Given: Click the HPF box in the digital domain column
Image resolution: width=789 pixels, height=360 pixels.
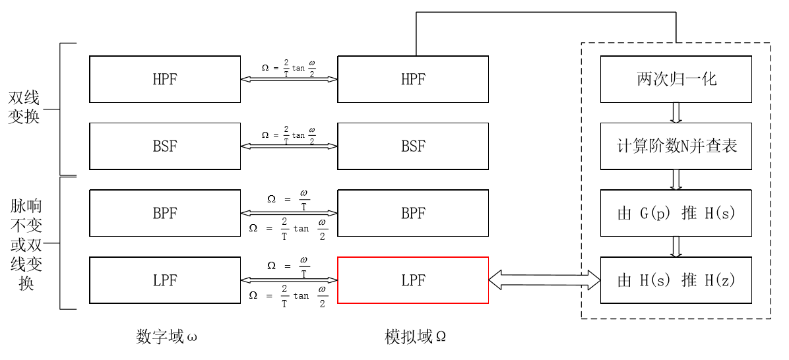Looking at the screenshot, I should pyautogui.click(x=165, y=79).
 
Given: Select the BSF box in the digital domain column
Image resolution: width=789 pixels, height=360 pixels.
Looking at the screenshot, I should pyautogui.click(x=165, y=146).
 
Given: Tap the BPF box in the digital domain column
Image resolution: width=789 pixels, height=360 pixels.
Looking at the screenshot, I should pyautogui.click(x=165, y=213).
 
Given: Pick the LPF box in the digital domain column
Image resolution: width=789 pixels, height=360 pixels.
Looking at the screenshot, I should pyautogui.click(x=165, y=280).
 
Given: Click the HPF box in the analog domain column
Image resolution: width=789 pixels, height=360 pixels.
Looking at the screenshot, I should pyautogui.click(x=413, y=79).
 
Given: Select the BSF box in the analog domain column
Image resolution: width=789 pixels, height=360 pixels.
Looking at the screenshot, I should pyautogui.click(x=413, y=146).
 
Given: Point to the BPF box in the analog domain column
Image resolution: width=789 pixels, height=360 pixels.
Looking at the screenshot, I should pyautogui.click(x=413, y=213).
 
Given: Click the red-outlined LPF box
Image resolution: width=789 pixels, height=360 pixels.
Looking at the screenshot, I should pyautogui.click(x=413, y=280).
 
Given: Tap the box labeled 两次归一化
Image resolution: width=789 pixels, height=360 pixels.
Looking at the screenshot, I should pyautogui.click(x=676, y=79).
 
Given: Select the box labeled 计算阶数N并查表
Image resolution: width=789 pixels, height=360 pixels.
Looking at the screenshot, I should pyautogui.click(x=676, y=146).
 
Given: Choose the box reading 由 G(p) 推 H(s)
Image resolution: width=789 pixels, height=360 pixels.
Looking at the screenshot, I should pyautogui.click(x=676, y=213).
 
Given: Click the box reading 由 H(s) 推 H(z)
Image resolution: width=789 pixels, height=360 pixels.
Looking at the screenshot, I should pyautogui.click(x=676, y=280).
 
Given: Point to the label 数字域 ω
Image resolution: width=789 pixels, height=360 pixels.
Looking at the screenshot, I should pyautogui.click(x=167, y=337).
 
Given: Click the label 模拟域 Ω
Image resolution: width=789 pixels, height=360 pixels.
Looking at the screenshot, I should pyautogui.click(x=416, y=337).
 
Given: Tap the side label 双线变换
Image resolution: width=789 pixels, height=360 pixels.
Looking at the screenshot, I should pyautogui.click(x=24, y=107).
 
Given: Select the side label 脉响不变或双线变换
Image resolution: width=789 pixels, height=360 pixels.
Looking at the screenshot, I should pyautogui.click(x=26, y=245).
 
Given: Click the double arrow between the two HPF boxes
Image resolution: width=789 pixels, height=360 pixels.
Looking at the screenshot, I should pyautogui.click(x=289, y=79).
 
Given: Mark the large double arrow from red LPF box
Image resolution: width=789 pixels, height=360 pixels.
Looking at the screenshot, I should pyautogui.click(x=544, y=280).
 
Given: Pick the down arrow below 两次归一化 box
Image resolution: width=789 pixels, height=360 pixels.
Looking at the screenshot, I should pyautogui.click(x=676, y=112).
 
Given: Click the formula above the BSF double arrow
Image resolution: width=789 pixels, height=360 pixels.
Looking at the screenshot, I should pyautogui.click(x=289, y=135).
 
